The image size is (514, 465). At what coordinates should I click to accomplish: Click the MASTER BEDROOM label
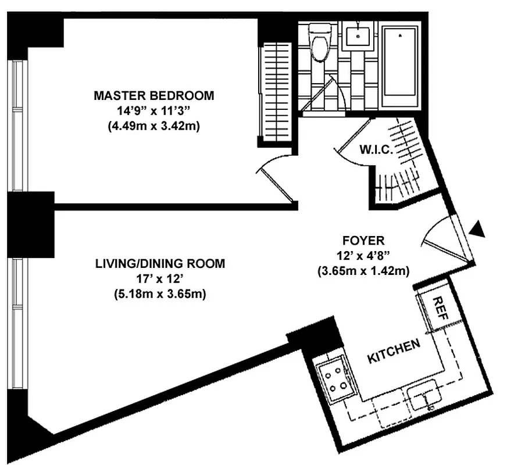coord(154,95)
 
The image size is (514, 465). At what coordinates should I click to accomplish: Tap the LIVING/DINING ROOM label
coord(160,264)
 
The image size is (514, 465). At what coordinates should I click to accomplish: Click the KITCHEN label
coord(394,352)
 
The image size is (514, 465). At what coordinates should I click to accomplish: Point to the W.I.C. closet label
coord(377,149)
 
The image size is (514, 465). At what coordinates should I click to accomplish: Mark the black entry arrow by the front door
coord(477,229)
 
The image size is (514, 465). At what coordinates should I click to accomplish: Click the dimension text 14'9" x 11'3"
coord(154,110)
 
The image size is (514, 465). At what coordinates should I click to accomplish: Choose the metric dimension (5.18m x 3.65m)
coord(160,294)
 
